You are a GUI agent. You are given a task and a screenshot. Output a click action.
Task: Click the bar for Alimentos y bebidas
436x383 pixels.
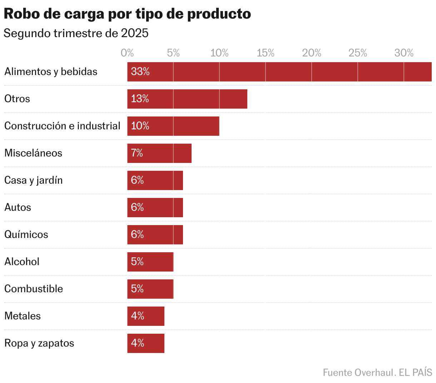279,72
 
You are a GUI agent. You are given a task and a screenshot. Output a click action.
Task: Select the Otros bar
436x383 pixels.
187,99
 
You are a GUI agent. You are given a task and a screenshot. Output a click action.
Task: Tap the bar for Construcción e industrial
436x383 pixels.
173,126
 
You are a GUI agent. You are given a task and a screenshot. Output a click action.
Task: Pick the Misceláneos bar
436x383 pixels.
159,153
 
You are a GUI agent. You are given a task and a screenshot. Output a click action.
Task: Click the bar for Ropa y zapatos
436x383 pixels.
146,343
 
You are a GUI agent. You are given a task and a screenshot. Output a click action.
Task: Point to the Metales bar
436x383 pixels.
146,316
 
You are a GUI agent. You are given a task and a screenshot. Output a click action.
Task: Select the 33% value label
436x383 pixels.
140,72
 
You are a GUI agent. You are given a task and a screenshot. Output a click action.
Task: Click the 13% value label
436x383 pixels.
140,99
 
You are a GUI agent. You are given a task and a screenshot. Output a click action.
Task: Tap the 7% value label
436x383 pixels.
137,153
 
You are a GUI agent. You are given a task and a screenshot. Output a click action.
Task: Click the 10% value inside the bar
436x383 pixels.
140,126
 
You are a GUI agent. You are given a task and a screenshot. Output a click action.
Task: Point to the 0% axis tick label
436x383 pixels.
127,53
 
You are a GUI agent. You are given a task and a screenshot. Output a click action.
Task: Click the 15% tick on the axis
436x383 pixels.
266,53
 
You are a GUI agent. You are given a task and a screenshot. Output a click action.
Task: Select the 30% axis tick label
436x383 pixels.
404,53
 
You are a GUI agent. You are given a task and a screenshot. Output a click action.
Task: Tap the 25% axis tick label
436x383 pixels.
358,53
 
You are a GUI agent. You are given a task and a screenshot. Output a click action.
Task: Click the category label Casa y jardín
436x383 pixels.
34,180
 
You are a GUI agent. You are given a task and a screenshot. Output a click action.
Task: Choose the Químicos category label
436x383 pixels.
26,235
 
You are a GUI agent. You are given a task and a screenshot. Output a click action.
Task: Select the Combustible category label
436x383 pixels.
34,289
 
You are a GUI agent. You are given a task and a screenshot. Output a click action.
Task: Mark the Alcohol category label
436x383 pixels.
22,262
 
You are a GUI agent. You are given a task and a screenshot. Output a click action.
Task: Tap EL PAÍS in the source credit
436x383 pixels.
415,373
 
